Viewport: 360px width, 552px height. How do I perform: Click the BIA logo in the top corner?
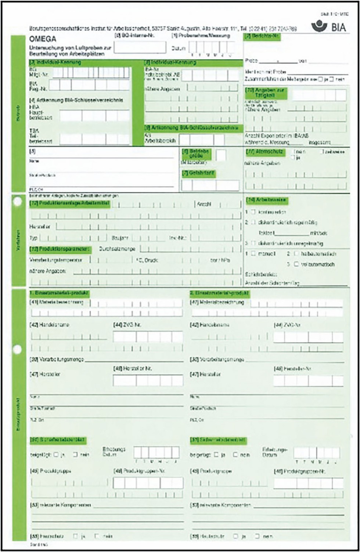click(x=328, y=26)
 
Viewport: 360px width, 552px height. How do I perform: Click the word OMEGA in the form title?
click(x=43, y=39)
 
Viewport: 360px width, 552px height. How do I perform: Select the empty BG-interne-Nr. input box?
click(x=140, y=47)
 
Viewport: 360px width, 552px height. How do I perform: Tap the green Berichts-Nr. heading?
click(x=262, y=36)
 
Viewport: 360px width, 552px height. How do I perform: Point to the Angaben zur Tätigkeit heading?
click(x=266, y=93)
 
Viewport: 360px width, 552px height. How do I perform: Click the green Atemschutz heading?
click(x=266, y=152)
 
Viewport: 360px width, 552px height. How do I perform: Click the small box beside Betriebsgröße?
click(x=221, y=155)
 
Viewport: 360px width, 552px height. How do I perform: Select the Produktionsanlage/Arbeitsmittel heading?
click(x=70, y=203)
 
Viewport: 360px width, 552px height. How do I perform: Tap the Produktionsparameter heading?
click(x=60, y=249)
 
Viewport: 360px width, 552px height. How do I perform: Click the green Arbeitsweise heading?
click(x=266, y=200)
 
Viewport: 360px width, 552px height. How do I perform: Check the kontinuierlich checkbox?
click(x=253, y=212)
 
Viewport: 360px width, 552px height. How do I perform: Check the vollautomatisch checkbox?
click(x=296, y=264)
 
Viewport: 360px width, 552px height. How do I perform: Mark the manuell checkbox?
click(x=253, y=254)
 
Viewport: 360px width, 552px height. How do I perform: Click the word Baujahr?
click(x=120, y=238)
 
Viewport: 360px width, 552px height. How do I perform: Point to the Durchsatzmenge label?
click(x=117, y=249)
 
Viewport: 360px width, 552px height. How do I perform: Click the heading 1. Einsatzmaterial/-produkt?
click(x=59, y=293)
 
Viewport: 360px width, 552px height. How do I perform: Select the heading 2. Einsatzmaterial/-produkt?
click(x=220, y=293)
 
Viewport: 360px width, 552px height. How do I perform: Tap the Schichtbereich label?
click(x=261, y=274)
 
